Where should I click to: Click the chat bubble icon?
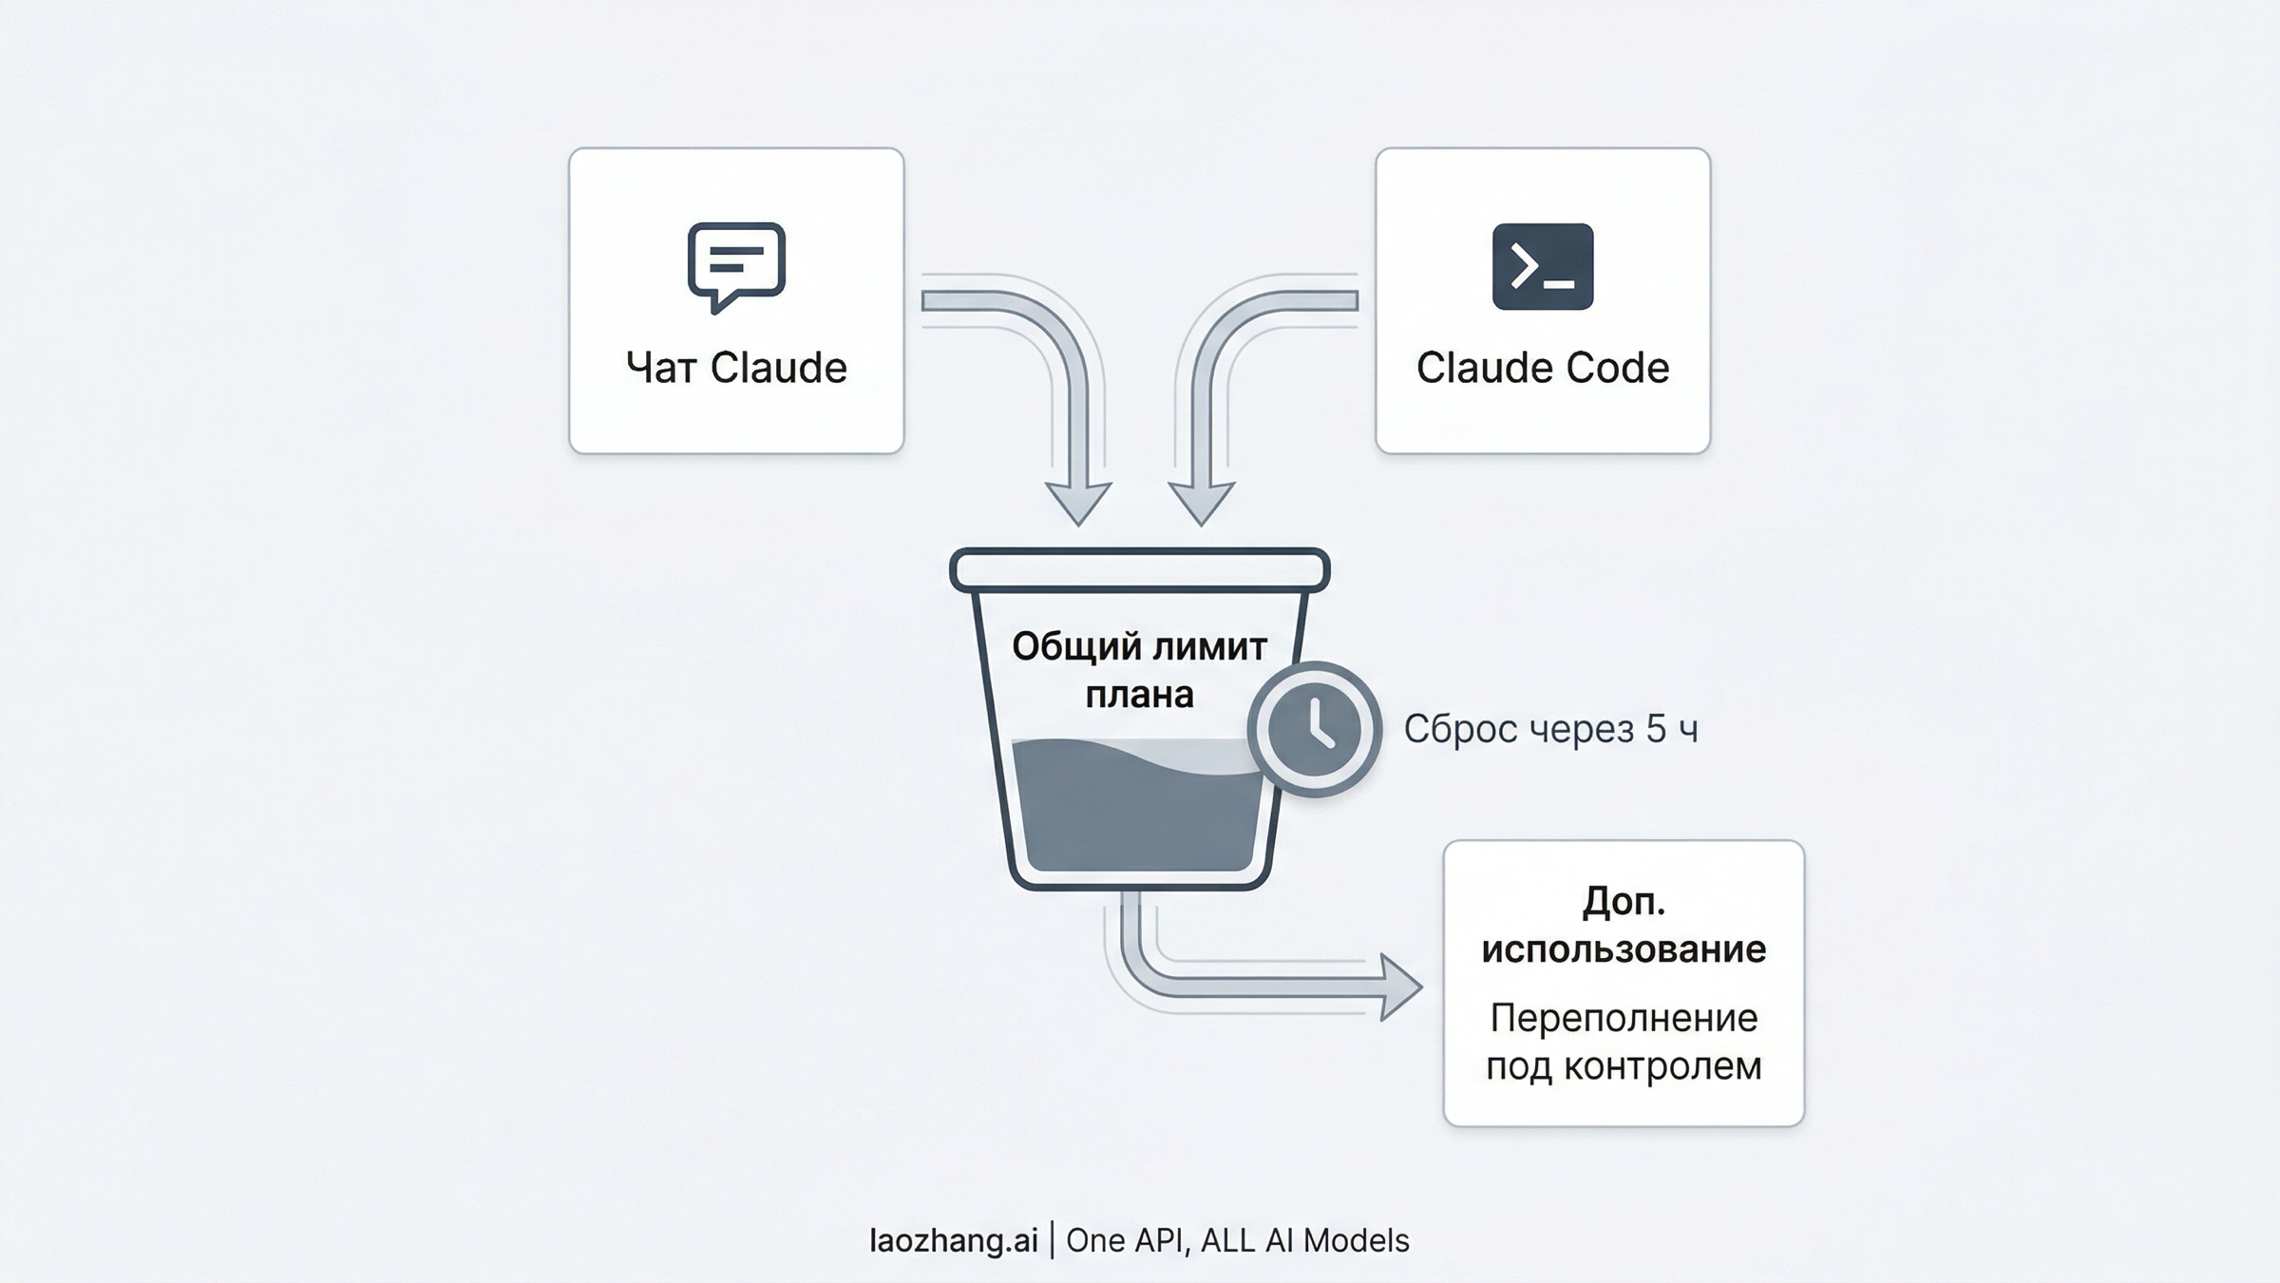pyautogui.click(x=736, y=264)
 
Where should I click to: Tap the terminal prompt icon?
pyautogui.click(x=1542, y=266)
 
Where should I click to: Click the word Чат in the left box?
pyautogui.click(x=661, y=369)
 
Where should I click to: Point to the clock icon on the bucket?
pyautogui.click(x=1315, y=729)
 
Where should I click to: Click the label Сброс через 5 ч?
pyautogui.click(x=1550, y=729)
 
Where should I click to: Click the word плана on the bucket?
pyautogui.click(x=1139, y=695)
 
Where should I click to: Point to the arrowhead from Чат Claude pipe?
pyautogui.click(x=1078, y=504)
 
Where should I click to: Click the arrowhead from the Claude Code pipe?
pyautogui.click(x=1202, y=504)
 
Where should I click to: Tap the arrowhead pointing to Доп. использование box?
pyautogui.click(x=1401, y=987)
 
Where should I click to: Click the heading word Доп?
pyautogui.click(x=1623, y=901)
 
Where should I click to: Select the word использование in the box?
pyautogui.click(x=1623, y=948)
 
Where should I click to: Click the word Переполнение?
pyautogui.click(x=1623, y=1018)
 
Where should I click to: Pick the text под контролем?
pyautogui.click(x=1623, y=1065)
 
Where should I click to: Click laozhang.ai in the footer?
pyautogui.click(x=953, y=1240)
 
